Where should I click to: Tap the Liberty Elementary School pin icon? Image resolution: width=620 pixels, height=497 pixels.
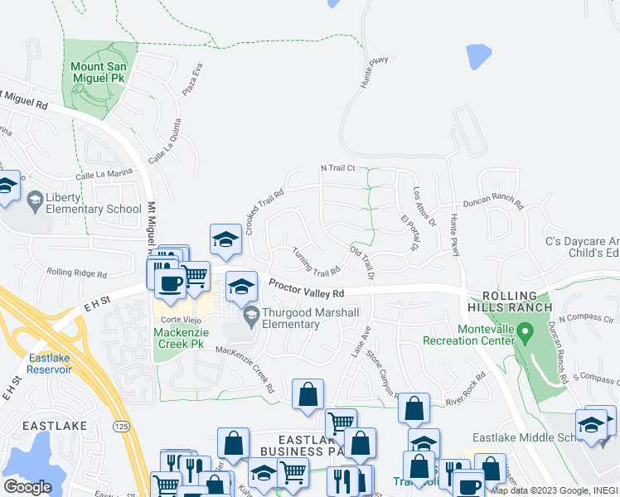(36, 200)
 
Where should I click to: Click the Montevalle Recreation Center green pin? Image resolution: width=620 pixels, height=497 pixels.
(524, 334)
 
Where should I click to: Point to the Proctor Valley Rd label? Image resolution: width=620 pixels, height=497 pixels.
(307, 289)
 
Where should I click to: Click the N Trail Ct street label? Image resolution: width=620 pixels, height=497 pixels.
(337, 168)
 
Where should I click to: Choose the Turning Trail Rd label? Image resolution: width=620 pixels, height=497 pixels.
(315, 261)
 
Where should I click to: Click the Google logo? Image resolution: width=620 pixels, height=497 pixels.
(27, 487)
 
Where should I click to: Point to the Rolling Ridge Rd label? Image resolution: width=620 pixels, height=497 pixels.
(76, 273)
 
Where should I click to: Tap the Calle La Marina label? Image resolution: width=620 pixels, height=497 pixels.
(104, 174)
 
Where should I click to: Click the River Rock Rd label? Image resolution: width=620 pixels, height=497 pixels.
(465, 387)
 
